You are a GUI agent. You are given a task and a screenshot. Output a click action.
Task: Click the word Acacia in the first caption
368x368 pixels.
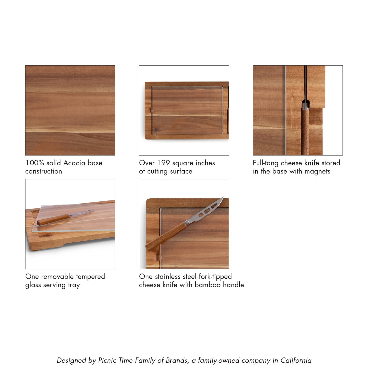[74, 163]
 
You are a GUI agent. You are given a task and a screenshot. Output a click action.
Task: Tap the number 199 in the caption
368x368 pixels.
[163, 163]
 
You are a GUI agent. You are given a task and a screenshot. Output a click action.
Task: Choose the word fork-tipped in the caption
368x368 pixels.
[215, 277]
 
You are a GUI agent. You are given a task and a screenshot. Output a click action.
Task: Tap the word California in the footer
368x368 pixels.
[296, 360]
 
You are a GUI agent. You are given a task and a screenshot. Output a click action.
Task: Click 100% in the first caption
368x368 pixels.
[35, 163]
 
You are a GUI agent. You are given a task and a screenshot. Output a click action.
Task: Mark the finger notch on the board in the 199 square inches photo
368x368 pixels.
[150, 111]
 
